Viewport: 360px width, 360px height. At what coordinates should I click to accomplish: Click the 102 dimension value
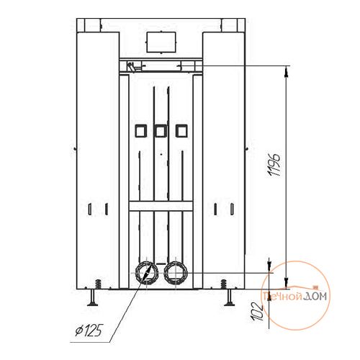click(x=257, y=312)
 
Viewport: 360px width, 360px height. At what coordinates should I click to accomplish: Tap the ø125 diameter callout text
click(x=89, y=330)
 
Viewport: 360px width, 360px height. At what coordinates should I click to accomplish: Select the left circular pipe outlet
click(x=147, y=273)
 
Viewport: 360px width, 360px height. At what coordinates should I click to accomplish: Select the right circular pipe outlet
click(x=176, y=273)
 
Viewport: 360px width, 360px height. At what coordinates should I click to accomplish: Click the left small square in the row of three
click(x=140, y=131)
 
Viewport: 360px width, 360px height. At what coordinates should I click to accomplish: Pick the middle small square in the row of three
click(x=161, y=131)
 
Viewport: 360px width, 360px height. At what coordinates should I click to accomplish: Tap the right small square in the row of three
click(x=181, y=131)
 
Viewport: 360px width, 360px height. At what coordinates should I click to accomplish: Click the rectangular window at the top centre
click(x=161, y=42)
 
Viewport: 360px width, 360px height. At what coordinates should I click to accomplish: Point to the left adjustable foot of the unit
click(x=92, y=297)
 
